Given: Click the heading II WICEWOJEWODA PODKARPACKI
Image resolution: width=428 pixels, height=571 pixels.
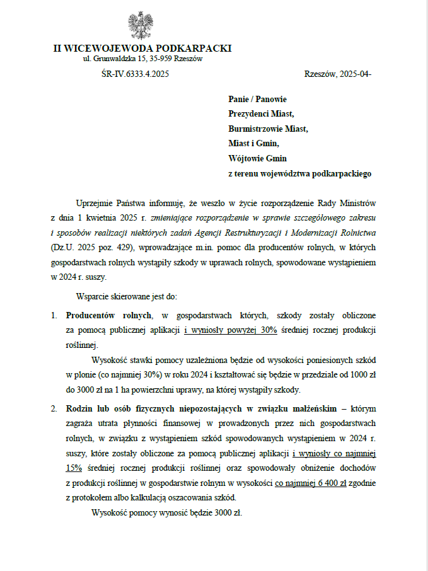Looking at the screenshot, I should click(x=142, y=48).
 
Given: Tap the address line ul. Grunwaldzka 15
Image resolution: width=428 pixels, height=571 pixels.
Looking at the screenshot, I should click(x=142, y=59).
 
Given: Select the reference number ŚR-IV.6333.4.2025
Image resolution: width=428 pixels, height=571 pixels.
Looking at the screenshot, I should click(x=135, y=74).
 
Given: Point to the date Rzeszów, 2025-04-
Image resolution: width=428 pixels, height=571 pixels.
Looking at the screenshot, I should click(x=337, y=74).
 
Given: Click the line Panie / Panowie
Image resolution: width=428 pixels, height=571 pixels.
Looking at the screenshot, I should click(x=257, y=100).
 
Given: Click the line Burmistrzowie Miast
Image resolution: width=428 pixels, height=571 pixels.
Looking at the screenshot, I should click(x=268, y=129).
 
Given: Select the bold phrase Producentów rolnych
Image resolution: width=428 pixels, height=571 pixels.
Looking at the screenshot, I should click(x=108, y=314).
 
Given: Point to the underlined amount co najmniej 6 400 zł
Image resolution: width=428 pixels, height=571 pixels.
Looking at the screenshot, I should click(x=310, y=482).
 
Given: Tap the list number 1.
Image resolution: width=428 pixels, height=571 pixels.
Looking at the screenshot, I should click(x=54, y=314).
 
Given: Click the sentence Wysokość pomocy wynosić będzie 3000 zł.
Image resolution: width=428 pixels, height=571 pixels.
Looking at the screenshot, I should click(x=167, y=512).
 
